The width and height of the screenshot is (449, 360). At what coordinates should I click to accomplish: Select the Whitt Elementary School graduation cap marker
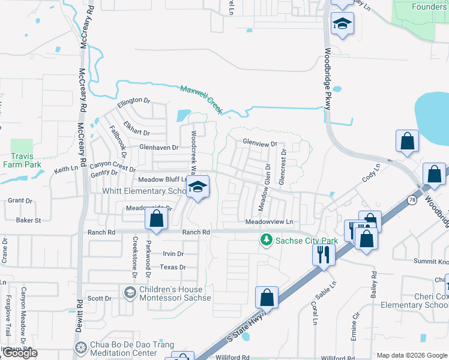(197, 187)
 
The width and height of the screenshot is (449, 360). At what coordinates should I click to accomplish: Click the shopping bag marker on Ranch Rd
(156, 220)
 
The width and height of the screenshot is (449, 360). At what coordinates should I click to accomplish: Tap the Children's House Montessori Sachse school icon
(129, 293)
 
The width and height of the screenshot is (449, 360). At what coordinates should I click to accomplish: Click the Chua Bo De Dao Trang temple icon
(81, 349)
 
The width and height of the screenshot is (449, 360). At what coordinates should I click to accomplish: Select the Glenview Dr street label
(260, 144)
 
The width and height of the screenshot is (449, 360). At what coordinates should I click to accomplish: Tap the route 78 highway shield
(412, 199)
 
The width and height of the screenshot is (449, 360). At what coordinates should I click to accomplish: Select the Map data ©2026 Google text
(412, 355)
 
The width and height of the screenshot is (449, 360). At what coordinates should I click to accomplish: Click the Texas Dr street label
(173, 268)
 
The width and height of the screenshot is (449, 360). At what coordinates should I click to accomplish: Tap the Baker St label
(28, 220)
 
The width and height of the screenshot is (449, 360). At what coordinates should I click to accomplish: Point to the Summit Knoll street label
(432, 262)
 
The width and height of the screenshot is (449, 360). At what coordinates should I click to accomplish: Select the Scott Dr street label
(100, 298)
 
